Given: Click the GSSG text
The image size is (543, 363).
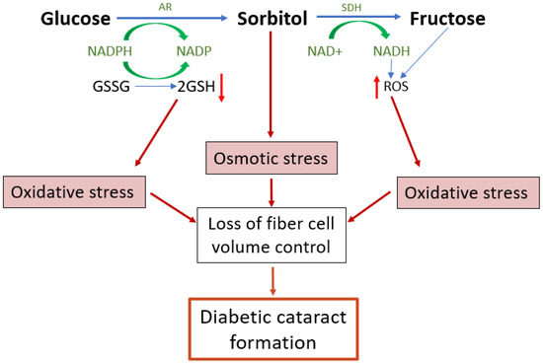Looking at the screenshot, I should coord(112,86).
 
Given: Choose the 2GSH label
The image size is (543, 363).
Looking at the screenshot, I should coord(196,86).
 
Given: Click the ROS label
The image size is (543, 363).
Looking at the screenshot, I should coord(397,86).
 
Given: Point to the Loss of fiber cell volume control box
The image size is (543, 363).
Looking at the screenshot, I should coord(272,235).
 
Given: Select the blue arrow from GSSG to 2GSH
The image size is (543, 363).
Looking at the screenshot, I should coord(154,86).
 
